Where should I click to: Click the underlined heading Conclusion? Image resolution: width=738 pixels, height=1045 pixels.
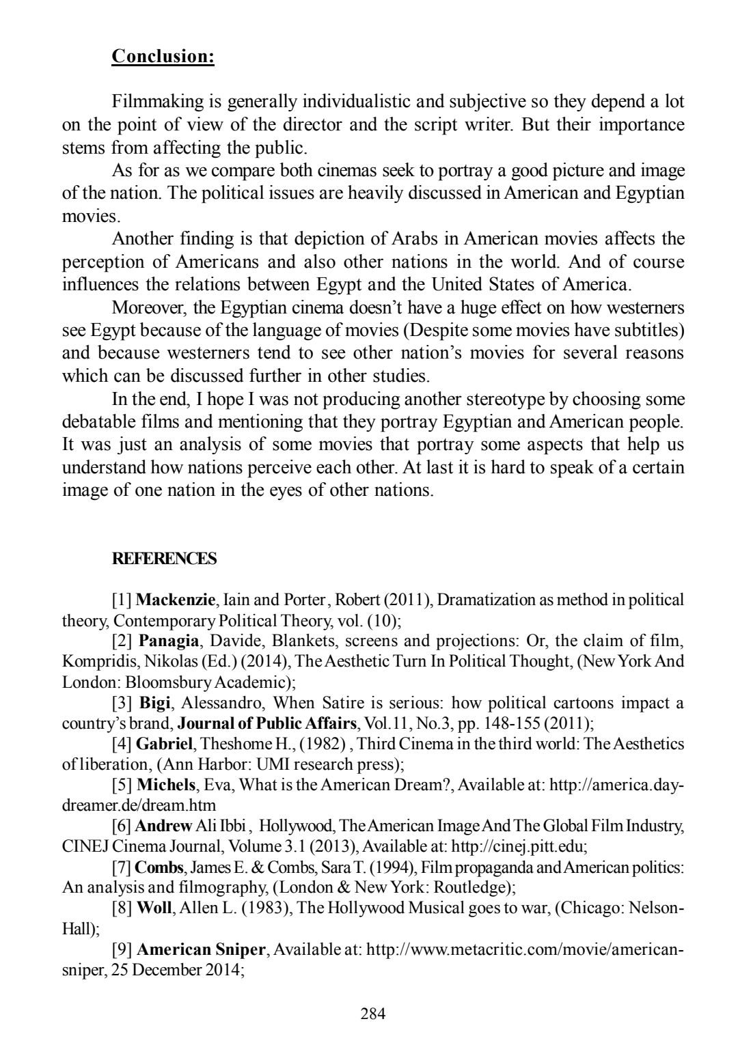pos(163,56)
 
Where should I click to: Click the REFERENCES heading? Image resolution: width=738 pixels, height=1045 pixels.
pos(164,559)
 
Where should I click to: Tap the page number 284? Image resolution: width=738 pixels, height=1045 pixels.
pos(373,1013)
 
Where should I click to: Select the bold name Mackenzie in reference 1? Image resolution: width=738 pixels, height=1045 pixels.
pos(176,600)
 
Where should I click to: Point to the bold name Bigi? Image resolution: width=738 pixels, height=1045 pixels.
pos(155,703)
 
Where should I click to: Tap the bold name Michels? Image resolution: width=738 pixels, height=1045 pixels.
pos(167,785)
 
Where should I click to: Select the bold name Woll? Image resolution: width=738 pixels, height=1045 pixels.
pos(154,908)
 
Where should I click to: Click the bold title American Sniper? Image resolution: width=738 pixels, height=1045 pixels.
pos(201,949)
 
